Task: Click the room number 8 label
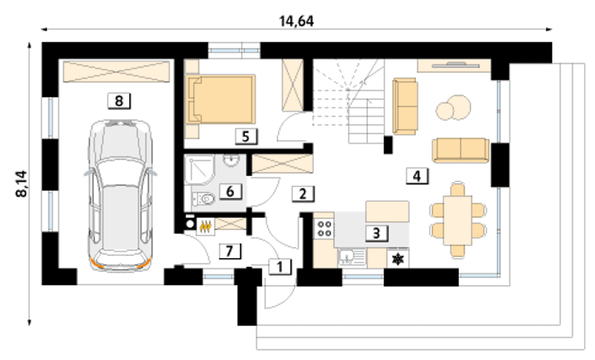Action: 119,101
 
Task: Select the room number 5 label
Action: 246,137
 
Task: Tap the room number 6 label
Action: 231,191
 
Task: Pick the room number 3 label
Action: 377,233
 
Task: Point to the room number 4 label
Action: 417,176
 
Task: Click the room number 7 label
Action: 230,251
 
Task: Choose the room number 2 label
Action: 303,194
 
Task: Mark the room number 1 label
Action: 280,267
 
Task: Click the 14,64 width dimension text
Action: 297,21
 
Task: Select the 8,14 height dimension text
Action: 21,184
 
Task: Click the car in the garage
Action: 120,196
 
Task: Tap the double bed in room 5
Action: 220,99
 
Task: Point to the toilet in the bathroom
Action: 204,199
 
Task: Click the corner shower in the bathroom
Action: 199,170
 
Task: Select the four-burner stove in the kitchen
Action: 324,229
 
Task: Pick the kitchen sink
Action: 352,257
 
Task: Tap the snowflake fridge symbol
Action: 398,259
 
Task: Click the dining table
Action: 458,220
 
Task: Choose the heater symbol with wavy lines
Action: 205,227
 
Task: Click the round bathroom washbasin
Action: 231,160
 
